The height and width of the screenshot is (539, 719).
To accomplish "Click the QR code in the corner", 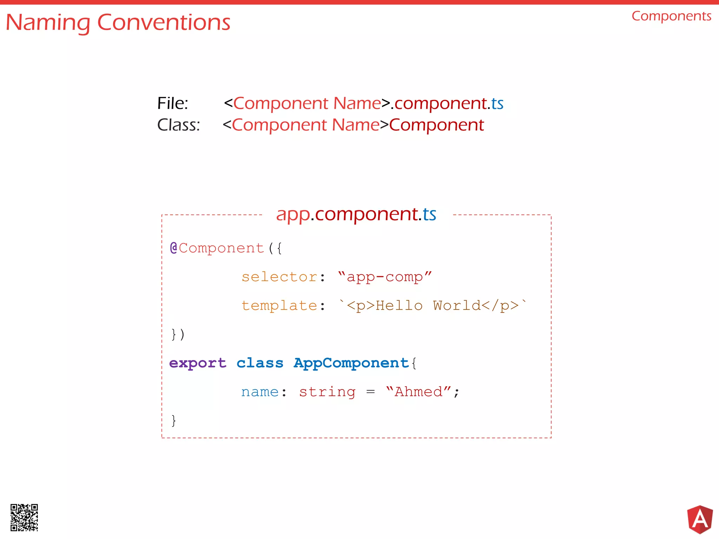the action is click(24, 517).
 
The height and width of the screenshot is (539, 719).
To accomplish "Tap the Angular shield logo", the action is click(700, 519).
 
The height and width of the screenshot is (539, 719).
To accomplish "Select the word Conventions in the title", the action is click(164, 22).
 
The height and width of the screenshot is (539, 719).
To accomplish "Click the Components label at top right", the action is click(671, 16).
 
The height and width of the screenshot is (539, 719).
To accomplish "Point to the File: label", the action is click(172, 104).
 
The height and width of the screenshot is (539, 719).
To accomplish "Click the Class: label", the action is click(178, 125).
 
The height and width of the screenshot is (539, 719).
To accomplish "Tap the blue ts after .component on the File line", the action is click(497, 104).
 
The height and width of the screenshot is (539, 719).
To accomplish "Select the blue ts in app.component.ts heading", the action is click(429, 214).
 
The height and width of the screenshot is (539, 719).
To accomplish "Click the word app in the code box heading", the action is click(293, 215).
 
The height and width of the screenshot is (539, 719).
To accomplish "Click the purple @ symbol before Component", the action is click(173, 248).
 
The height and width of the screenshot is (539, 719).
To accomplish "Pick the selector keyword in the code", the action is click(279, 277).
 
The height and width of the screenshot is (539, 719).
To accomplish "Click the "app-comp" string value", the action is click(385, 277).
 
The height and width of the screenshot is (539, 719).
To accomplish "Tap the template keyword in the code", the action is click(279, 306).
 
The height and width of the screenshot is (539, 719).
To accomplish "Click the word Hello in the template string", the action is click(399, 306).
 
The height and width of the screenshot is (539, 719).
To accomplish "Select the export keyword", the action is click(198, 363).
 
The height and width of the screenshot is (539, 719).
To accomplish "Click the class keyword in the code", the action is click(260, 363).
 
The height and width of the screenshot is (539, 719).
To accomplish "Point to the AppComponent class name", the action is click(351, 363).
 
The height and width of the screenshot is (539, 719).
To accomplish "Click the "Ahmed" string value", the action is click(418, 392).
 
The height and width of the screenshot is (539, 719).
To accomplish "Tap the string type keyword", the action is click(327, 392).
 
